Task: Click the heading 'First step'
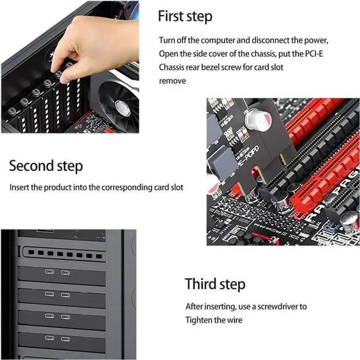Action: [184, 16]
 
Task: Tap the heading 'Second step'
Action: [46, 166]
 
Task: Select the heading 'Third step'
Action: [215, 283]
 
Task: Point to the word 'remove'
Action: [172, 80]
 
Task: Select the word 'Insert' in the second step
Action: [19, 187]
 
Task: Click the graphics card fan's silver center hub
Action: [122, 107]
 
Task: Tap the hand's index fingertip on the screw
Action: [64, 79]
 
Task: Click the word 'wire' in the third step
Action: [236, 320]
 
